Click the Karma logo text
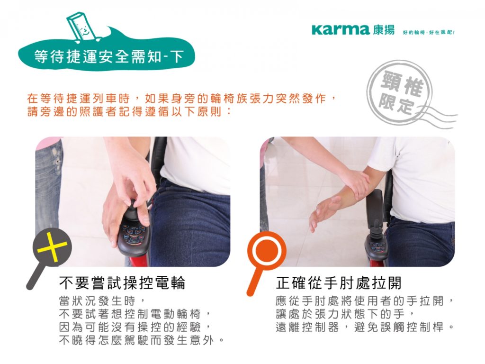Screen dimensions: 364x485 [x=340, y=30]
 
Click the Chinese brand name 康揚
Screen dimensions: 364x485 [x=382, y=30]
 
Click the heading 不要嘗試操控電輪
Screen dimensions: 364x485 [x=122, y=283]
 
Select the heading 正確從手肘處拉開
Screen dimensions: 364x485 [x=338, y=283]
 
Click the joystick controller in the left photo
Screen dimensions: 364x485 [x=135, y=232]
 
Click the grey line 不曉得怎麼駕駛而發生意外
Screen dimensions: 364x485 [x=141, y=340]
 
